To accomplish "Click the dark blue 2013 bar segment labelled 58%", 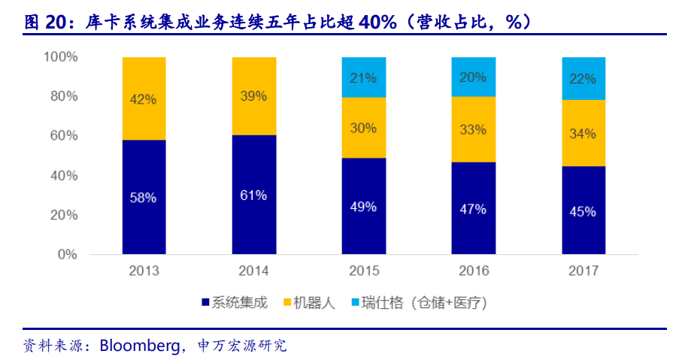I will pyautogui.click(x=144, y=197).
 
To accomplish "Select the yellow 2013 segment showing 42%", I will pyautogui.click(x=144, y=98).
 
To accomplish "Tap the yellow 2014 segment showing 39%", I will pyautogui.click(x=254, y=96).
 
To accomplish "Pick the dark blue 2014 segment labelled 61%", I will pyautogui.click(x=254, y=195).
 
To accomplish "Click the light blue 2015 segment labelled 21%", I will pyautogui.click(x=363, y=77).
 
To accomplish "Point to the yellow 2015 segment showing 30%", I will pyautogui.click(x=363, y=128).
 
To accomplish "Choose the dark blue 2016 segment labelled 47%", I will pyautogui.click(x=474, y=208).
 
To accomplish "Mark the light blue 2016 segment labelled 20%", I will pyautogui.click(x=474, y=77).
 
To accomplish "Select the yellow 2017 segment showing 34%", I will pyautogui.click(x=583, y=133).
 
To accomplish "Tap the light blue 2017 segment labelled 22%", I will pyautogui.click(x=583, y=78).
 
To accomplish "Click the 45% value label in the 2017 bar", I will pyautogui.click(x=583, y=211).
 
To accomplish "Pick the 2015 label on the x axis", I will pyautogui.click(x=363, y=271).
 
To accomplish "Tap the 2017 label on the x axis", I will pyautogui.click(x=583, y=271).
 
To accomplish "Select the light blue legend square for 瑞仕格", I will pyautogui.click(x=354, y=303).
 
